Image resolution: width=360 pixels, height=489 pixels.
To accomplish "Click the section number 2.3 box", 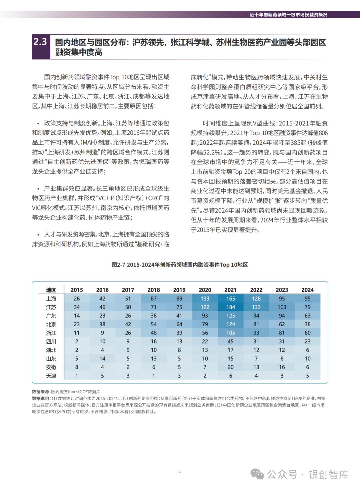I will pyautogui.click(x=41, y=43).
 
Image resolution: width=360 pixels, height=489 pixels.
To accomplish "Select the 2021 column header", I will pyautogui.click(x=230, y=290).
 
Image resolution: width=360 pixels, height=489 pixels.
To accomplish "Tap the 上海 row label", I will pyautogui.click(x=51, y=299).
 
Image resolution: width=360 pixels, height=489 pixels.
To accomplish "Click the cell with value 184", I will pyautogui.click(x=230, y=307).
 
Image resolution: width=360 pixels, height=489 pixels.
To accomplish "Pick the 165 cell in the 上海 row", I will pyautogui.click(x=230, y=299).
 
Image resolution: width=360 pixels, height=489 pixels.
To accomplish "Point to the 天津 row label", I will pyautogui.click(x=51, y=376).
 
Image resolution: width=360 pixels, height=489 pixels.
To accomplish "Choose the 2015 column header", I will pyautogui.click(x=77, y=290).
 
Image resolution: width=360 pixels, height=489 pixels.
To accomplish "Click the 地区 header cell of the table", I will pyautogui.click(x=51, y=290).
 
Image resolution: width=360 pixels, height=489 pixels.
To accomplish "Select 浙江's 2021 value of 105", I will pyautogui.click(x=230, y=333).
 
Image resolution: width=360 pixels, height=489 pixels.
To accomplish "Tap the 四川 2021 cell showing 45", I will pyautogui.click(x=230, y=342).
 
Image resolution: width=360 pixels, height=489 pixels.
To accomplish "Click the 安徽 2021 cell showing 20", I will pyautogui.click(x=230, y=367).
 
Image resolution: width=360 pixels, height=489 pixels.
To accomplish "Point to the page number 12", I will pyautogui.click(x=179, y=471).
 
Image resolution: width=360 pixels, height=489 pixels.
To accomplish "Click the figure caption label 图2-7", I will pyautogui.click(x=118, y=265).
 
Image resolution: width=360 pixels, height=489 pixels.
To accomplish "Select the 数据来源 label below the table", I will pyautogui.click(x=41, y=391).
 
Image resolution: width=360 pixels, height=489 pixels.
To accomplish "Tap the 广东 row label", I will pyautogui.click(x=51, y=316).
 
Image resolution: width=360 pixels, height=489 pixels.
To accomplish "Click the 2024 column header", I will pyautogui.click(x=307, y=290).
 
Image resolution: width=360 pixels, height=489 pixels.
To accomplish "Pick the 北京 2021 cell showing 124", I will pyautogui.click(x=230, y=324).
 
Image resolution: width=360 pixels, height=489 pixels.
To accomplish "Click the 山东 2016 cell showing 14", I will pyautogui.click(x=102, y=359).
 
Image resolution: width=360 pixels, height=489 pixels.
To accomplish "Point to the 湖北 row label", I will pyautogui.click(x=51, y=350).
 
